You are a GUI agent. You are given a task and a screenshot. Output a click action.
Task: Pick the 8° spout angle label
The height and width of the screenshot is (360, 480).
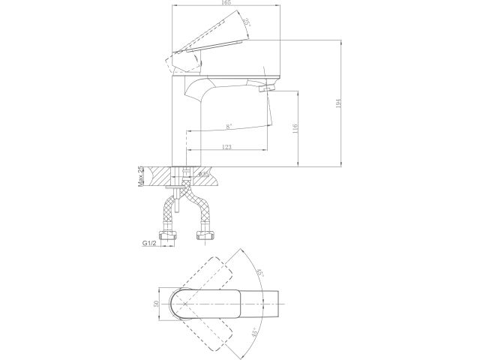pos(227,127)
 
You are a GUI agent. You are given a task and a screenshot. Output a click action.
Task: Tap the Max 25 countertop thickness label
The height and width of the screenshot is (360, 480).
pos(140,177)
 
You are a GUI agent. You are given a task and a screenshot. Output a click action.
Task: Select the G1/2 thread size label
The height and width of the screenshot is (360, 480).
pos(151,243)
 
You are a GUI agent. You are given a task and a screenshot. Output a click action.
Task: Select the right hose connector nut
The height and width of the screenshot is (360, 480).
pos(203,238)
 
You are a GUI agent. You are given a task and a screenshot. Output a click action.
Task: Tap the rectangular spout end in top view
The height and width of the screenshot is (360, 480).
pos(274,303)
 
